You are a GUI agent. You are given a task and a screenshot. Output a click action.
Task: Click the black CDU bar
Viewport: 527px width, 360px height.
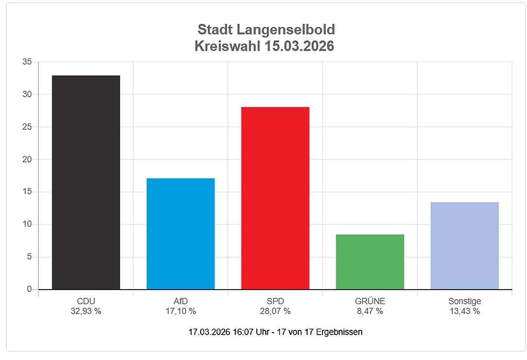tap(86, 182)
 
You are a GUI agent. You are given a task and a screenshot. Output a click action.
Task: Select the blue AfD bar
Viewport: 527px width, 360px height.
tap(181, 234)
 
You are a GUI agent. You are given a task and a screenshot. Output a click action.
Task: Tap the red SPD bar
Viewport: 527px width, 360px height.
tap(275, 198)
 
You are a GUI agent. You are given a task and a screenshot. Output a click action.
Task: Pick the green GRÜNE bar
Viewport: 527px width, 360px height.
tap(370, 262)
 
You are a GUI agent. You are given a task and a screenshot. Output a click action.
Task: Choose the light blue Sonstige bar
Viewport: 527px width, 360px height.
tap(464, 246)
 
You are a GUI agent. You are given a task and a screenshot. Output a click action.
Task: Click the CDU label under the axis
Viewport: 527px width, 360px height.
tap(86, 301)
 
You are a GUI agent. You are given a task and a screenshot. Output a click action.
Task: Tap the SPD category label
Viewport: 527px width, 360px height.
tap(275, 301)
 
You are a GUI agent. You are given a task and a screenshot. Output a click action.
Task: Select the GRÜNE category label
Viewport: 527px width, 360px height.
tap(370, 301)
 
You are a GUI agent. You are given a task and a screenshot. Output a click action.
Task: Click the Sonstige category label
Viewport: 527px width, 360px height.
tap(464, 301)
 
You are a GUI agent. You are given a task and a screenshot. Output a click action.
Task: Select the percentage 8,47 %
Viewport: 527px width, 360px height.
tap(370, 311)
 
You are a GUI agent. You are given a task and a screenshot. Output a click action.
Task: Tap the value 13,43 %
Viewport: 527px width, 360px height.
tap(464, 311)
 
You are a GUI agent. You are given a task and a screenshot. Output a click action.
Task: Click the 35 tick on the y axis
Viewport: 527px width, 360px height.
tap(27, 62)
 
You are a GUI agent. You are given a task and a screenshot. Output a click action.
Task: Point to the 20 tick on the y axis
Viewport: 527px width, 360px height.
tap(27, 159)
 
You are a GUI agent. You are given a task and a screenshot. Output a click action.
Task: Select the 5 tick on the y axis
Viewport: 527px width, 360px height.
tap(29, 257)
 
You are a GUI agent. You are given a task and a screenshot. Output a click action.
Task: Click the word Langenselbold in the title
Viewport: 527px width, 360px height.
tap(286, 30)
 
